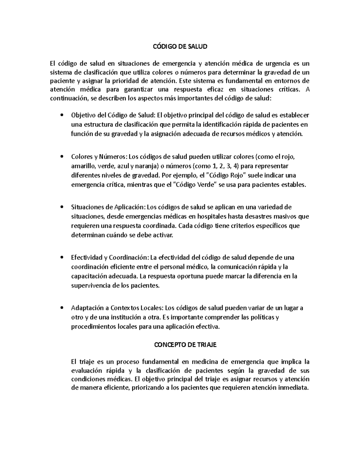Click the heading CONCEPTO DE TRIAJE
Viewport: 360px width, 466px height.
tap(185, 345)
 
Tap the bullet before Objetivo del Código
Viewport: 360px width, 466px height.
tap(62, 115)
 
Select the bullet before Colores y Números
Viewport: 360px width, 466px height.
tap(62, 156)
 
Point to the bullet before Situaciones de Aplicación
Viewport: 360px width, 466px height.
tap(62, 207)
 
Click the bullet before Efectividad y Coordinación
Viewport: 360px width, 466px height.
tap(62, 257)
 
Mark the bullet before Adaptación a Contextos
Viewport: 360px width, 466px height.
tap(62, 308)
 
